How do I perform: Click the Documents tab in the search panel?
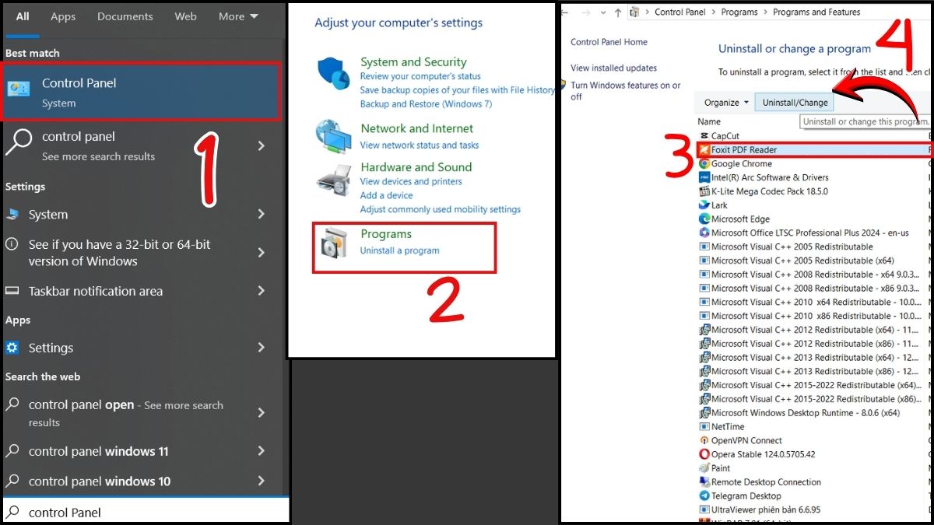pyautogui.click(x=125, y=16)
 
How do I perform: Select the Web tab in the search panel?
pyautogui.click(x=185, y=16)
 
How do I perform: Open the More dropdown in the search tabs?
pyautogui.click(x=238, y=16)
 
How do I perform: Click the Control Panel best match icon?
pyautogui.click(x=19, y=89)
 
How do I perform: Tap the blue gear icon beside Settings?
pyautogui.click(x=12, y=347)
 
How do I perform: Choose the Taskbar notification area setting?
pyautogui.click(x=96, y=291)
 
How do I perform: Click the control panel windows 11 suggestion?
pyautogui.click(x=98, y=451)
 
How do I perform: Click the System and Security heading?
pyautogui.click(x=413, y=61)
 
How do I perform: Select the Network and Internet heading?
pyautogui.click(x=416, y=128)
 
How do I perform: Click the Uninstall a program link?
pyautogui.click(x=399, y=250)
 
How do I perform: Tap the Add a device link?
pyautogui.click(x=386, y=195)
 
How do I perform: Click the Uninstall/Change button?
pyautogui.click(x=795, y=103)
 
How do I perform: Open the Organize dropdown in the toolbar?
pyautogui.click(x=726, y=103)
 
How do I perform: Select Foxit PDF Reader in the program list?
pyautogui.click(x=744, y=149)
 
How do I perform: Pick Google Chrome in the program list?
pyautogui.click(x=741, y=163)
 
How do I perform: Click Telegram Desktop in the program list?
pyautogui.click(x=746, y=496)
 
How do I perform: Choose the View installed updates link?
pyautogui.click(x=613, y=68)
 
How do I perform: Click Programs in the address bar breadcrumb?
pyautogui.click(x=739, y=12)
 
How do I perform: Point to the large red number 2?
pyautogui.click(x=445, y=299)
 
